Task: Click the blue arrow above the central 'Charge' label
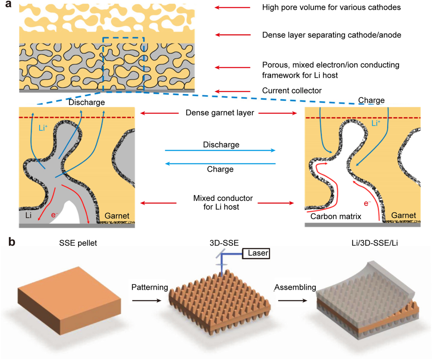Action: [x=220, y=164]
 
